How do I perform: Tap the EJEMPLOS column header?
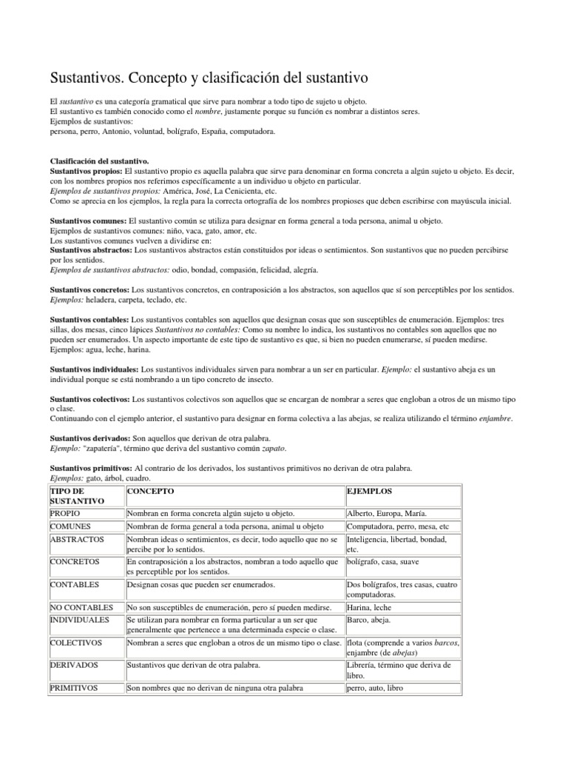370,492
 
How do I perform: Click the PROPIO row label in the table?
65,513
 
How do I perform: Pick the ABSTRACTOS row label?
77,540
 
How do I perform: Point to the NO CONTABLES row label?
80,608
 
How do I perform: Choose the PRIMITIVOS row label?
74,688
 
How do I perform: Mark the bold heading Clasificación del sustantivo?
100,161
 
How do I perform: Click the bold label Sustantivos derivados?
90,438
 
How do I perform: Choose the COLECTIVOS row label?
76,643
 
